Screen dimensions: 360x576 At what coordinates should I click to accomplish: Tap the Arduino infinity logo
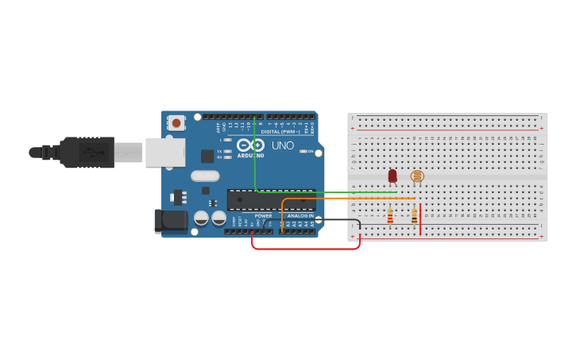(249, 145)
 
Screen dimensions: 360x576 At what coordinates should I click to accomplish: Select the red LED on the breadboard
(392, 176)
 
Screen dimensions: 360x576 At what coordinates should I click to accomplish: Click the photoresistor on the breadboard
(417, 177)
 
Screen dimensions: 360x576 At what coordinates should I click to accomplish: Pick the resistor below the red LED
(390, 216)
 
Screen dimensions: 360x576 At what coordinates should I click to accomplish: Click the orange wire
(350, 199)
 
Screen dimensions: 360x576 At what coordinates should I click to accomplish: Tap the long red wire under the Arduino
(306, 249)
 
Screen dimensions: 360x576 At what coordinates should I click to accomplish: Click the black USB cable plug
(87, 152)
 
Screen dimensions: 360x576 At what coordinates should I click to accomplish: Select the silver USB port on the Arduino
(165, 152)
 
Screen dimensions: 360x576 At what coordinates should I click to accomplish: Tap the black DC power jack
(170, 221)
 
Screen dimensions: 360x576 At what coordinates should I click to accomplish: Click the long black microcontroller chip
(270, 200)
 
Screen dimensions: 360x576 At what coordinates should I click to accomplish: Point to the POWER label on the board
(263, 216)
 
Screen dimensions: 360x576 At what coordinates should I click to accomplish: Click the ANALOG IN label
(300, 216)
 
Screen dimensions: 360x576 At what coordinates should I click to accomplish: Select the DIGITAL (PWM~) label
(287, 132)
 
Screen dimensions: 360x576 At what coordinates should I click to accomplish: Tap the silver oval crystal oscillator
(204, 176)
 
